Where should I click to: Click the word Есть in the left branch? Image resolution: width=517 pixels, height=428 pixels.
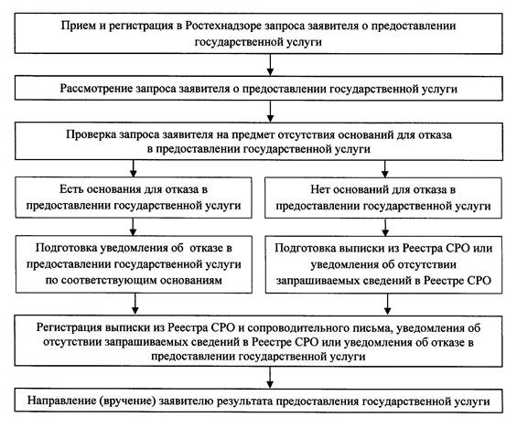[x=70, y=189]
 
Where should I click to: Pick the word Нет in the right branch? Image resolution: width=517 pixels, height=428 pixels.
[x=320, y=190]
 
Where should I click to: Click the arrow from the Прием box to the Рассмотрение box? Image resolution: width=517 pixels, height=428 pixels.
[x=270, y=65]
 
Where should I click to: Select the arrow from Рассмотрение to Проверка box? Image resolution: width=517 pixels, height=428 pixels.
[x=270, y=112]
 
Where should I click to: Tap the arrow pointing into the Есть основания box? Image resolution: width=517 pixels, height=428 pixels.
[x=134, y=168]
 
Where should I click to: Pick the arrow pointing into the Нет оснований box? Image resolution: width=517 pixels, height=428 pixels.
[x=385, y=168]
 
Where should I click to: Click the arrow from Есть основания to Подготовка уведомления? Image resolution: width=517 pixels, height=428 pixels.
[x=133, y=227]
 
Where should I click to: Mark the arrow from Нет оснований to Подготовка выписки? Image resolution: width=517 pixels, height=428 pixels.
[x=385, y=227]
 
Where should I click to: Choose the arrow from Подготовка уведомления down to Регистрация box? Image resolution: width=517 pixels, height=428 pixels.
[x=135, y=304]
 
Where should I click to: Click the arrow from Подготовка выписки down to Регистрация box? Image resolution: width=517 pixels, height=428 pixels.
[x=387, y=305]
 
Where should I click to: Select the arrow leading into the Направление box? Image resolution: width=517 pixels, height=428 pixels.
[x=270, y=378]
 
